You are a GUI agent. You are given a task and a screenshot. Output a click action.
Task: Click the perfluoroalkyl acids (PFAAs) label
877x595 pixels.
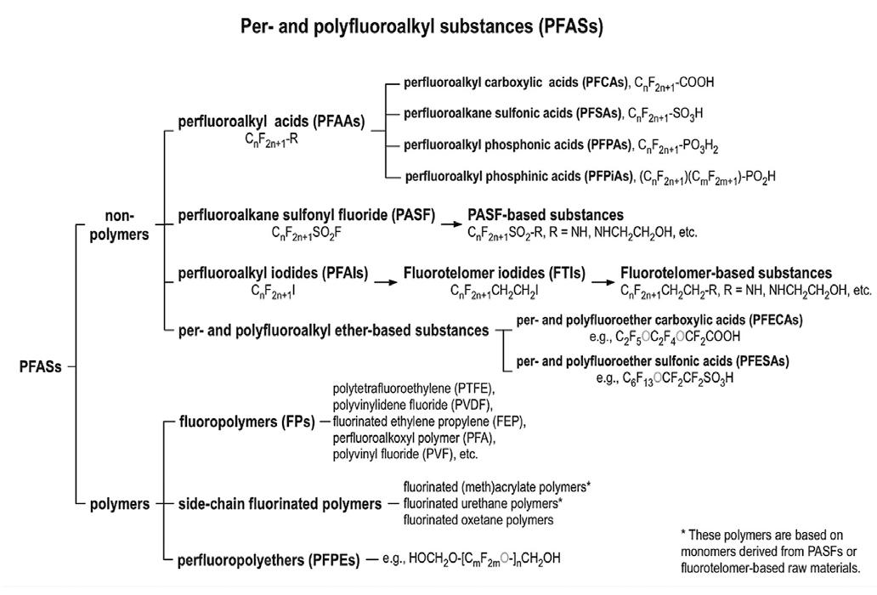[x=271, y=122]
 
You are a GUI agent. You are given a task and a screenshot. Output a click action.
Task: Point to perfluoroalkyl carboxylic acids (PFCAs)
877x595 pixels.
[x=512, y=83]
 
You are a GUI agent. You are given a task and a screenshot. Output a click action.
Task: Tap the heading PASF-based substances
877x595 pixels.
[x=546, y=214]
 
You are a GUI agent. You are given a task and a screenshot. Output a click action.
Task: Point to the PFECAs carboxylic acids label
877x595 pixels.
[x=659, y=320]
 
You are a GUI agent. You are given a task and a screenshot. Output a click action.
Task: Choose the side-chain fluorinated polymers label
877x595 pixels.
[x=280, y=504]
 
